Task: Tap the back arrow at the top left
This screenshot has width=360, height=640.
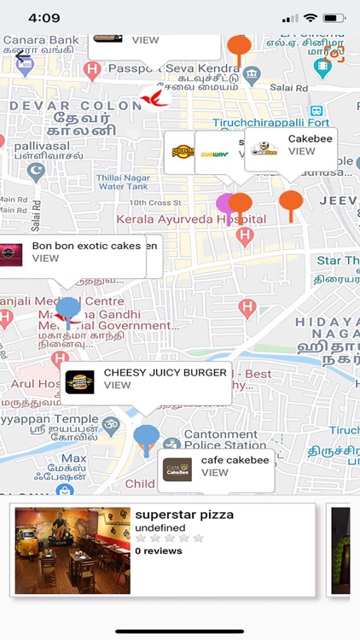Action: [23, 57]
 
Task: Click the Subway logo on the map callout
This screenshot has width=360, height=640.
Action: [214, 154]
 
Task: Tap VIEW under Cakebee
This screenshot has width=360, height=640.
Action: [302, 151]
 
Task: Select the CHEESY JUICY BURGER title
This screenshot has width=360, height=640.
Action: [165, 373]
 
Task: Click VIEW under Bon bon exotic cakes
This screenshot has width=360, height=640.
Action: [46, 259]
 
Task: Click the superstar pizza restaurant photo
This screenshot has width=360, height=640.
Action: [73, 550]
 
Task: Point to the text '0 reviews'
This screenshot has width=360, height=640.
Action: [159, 551]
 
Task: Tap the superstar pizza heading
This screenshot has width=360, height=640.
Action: [184, 515]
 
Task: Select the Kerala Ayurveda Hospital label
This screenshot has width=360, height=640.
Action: [192, 219]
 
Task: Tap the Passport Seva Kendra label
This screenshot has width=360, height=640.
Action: [186, 67]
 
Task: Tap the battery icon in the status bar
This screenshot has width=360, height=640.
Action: [334, 18]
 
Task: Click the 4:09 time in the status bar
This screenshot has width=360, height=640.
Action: [44, 18]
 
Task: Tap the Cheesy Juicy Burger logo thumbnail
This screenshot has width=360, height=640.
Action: [80, 381]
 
